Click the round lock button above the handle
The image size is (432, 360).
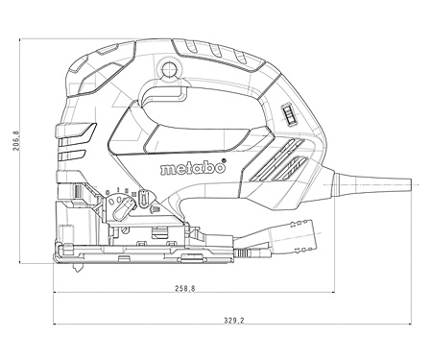(171, 68)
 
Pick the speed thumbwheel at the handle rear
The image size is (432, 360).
(287, 116)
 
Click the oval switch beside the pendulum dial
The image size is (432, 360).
(145, 199)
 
